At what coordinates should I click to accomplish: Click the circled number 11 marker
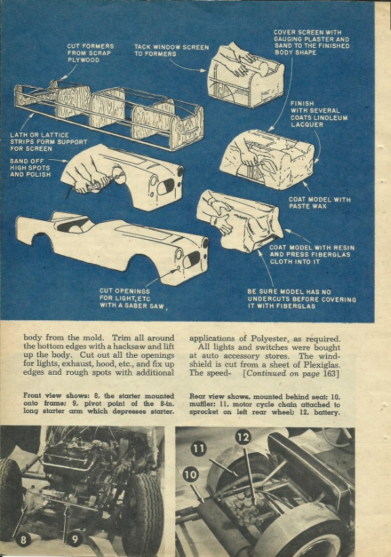pos(199,449)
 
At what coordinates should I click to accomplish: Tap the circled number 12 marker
pos(243,437)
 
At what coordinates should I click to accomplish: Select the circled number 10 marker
pos(191,474)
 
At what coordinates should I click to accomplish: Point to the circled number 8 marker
pos(23,541)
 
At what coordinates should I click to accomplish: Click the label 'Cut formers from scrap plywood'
pos(91,53)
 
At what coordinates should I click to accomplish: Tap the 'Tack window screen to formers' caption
pos(171,50)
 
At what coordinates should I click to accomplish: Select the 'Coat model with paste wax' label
pos(319,203)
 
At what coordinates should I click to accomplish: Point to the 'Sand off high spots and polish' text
pos(30,168)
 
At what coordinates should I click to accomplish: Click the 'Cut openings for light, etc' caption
pos(132,298)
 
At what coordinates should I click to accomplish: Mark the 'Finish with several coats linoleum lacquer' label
pos(319,114)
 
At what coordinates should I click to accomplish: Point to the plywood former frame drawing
pos(109,113)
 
